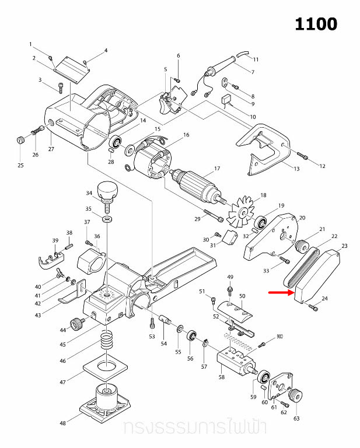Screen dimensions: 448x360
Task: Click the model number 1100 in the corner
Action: coord(315,24)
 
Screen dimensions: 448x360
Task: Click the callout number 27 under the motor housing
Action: coord(51,149)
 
